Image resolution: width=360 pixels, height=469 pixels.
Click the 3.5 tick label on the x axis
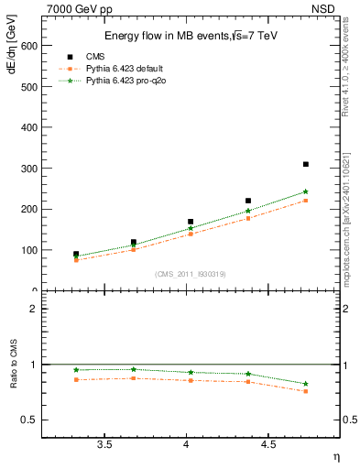click(x=104, y=444)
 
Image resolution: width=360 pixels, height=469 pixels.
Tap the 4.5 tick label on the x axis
click(x=267, y=444)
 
